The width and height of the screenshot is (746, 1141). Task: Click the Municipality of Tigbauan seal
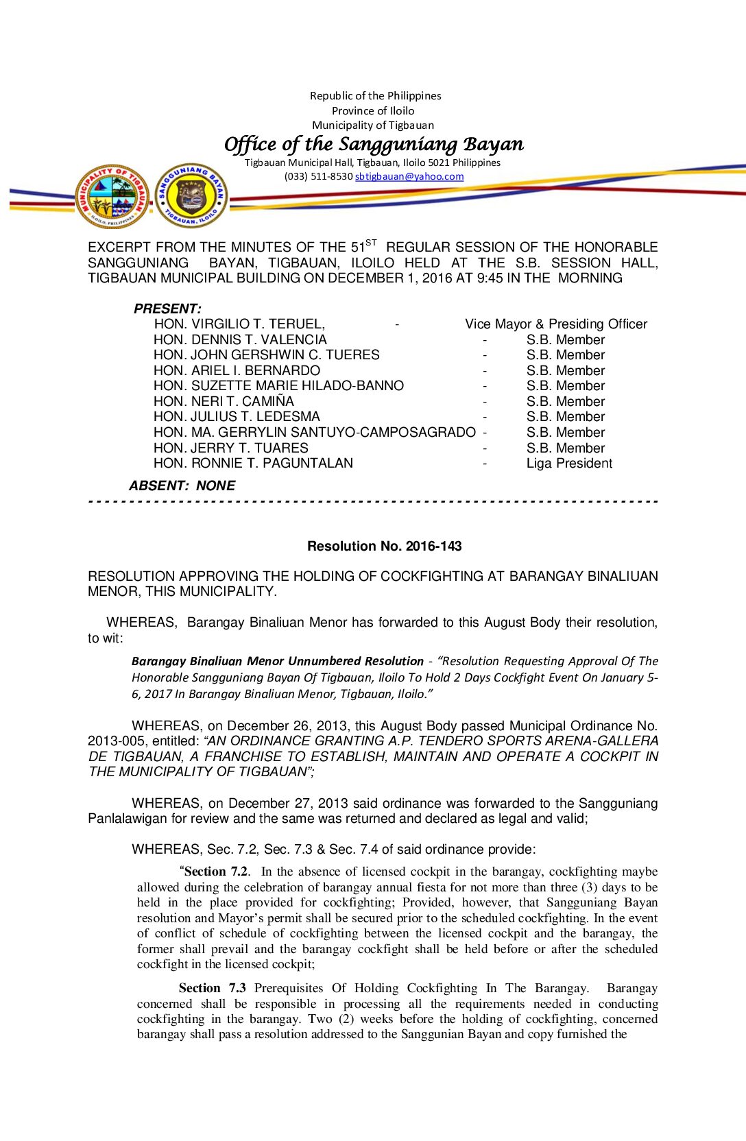point(112,196)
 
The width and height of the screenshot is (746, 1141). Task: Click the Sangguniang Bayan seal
point(191,196)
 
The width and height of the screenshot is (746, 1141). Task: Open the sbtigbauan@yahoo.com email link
point(409,176)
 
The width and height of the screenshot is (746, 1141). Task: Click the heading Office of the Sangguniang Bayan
point(374,144)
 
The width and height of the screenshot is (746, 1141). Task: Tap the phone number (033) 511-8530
point(318,176)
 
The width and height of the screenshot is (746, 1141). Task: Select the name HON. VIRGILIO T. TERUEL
point(239,324)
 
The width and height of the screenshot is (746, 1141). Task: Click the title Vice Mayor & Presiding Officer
point(556,324)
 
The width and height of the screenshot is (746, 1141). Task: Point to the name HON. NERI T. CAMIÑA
point(224,402)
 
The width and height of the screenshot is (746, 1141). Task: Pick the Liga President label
point(569,464)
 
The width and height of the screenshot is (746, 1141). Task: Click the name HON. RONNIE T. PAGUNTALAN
point(253,464)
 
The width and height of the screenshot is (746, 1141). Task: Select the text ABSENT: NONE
point(182,486)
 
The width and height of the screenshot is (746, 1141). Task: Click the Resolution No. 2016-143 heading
point(384,547)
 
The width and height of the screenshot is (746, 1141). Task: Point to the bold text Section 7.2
point(215,872)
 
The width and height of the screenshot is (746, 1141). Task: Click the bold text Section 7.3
point(212,988)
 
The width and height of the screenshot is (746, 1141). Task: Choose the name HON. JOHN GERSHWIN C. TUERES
point(266,355)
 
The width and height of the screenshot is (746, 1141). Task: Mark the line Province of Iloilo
point(373,110)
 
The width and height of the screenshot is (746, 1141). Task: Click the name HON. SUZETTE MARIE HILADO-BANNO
point(278,386)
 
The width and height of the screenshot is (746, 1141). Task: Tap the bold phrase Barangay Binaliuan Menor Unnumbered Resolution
point(277,661)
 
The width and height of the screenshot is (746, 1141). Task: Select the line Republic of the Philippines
point(375,96)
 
